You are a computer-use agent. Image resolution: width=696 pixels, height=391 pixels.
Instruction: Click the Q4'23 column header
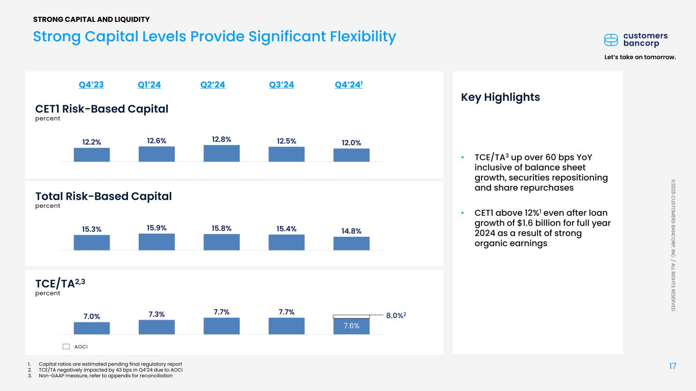pyautogui.click(x=91, y=85)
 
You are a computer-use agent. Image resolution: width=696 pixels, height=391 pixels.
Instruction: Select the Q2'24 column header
pyautogui.click(x=213, y=85)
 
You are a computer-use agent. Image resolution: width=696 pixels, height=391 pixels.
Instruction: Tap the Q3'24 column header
pyautogui.click(x=281, y=85)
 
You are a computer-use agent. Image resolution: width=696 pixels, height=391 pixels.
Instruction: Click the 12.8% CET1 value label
pyautogui.click(x=221, y=139)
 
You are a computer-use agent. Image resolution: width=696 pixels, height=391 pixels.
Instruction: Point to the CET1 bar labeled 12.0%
pyautogui.click(x=351, y=155)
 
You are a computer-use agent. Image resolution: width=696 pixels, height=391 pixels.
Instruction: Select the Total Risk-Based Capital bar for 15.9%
pyautogui.click(x=157, y=242)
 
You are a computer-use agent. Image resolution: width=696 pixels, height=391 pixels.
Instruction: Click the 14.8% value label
pyautogui.click(x=351, y=231)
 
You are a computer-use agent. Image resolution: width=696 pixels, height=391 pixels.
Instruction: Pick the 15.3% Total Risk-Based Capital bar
pyautogui.click(x=92, y=242)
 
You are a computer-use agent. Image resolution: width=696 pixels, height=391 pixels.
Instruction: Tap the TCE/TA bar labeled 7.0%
pyautogui.click(x=92, y=328)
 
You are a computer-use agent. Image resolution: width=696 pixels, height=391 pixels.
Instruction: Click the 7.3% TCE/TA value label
pyautogui.click(x=157, y=314)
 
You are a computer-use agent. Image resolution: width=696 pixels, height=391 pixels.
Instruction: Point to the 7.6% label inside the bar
pyautogui.click(x=351, y=326)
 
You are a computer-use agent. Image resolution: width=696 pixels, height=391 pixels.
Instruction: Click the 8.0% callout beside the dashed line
pyautogui.click(x=396, y=316)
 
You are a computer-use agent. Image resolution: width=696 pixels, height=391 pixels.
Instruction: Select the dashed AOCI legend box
pyautogui.click(x=66, y=347)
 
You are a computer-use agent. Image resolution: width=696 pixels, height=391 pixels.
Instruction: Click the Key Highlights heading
pyautogui.click(x=500, y=97)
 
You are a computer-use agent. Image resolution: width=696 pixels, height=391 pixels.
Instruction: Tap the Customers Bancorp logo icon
pyautogui.click(x=611, y=40)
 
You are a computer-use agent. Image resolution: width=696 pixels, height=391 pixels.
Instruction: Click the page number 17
pyautogui.click(x=673, y=366)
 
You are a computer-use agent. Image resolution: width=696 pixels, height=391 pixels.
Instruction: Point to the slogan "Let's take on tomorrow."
pyautogui.click(x=639, y=57)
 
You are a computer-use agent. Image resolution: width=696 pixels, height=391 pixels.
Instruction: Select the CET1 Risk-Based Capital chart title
pyautogui.click(x=101, y=108)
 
